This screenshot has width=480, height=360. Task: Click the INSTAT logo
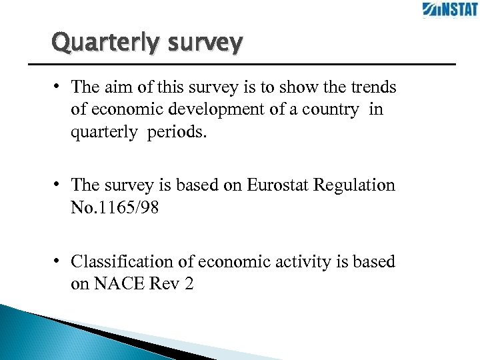click(449, 10)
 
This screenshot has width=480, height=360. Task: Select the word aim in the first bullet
click(114, 87)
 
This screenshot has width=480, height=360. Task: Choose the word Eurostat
click(277, 185)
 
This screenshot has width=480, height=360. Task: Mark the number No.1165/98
click(115, 207)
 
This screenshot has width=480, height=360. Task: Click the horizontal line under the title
click(240, 64)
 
